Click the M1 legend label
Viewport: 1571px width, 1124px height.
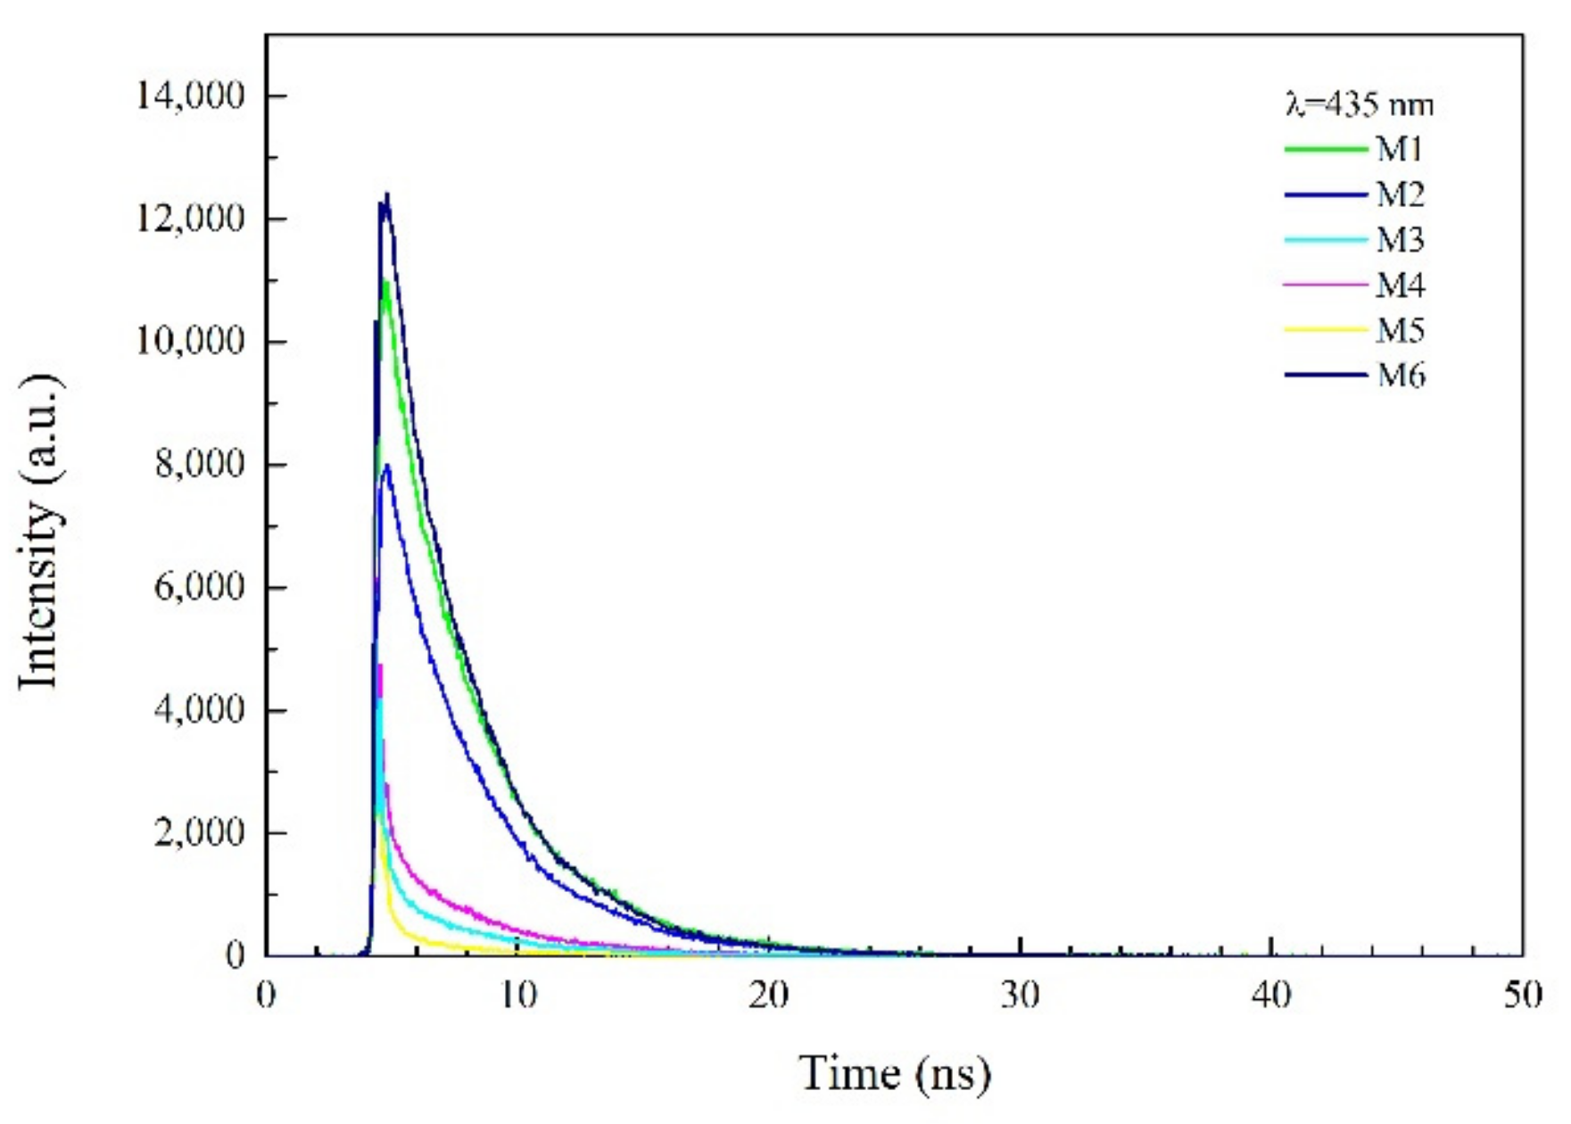[1400, 149]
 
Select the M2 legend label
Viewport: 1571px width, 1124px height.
[1400, 194]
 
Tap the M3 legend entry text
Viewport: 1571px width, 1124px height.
[1400, 240]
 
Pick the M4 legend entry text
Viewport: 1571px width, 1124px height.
[1400, 285]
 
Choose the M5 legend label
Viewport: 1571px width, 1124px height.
[1400, 331]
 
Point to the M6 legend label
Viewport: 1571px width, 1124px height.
[1400, 376]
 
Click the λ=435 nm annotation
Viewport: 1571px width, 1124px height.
[1360, 105]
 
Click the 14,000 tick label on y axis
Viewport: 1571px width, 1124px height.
[189, 95]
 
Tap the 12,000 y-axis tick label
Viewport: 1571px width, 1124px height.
[189, 219]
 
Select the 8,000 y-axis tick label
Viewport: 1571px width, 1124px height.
[198, 465]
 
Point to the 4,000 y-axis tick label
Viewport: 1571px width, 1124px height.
[198, 710]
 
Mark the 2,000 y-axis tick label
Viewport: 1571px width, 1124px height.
[198, 833]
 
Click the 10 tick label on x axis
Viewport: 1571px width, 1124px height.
[517, 995]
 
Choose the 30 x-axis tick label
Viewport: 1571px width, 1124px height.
[1020, 995]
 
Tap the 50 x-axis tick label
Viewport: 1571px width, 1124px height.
[1522, 995]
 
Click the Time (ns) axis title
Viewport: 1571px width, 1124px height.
[894, 1073]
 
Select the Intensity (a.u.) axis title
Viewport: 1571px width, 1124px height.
[39, 532]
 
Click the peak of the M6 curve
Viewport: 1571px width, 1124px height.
[386, 195]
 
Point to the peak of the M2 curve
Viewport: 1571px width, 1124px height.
[386, 466]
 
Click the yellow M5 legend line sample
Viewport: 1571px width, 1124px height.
[1326, 331]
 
